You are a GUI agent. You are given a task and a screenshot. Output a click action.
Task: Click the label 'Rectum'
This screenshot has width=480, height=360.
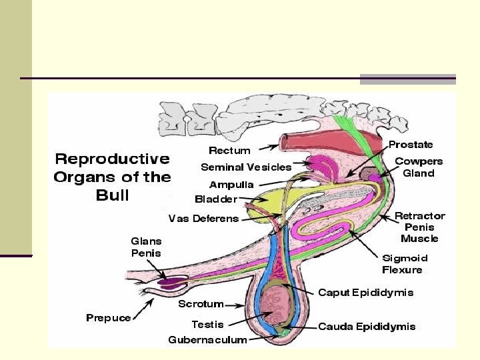(230, 151)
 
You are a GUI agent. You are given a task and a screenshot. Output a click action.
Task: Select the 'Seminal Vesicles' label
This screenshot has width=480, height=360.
(246, 167)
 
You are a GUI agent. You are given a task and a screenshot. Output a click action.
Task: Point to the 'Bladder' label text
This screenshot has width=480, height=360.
(216, 199)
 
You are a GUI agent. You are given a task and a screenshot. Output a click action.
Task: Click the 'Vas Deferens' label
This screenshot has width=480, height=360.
(203, 219)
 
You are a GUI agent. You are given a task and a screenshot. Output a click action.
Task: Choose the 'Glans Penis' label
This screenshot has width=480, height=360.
(146, 247)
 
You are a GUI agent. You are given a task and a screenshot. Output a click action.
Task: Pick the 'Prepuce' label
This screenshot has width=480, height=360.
(109, 318)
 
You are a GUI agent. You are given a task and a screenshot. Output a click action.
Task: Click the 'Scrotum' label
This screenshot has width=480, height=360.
(201, 304)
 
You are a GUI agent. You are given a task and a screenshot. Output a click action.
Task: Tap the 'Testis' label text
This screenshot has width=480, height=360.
(207, 325)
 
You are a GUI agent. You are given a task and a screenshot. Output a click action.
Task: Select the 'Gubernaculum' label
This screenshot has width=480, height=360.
(207, 340)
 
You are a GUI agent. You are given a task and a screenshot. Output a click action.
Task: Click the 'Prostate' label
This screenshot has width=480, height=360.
(411, 144)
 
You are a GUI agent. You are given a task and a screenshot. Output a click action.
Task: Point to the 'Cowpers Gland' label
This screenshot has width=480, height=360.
(419, 167)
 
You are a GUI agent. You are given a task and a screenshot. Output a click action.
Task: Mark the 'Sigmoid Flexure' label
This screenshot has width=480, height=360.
(405, 264)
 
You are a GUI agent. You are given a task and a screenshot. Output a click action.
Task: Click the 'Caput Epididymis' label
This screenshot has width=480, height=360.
(365, 293)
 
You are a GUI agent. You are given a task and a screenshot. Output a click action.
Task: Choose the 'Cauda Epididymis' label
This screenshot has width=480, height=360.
(367, 327)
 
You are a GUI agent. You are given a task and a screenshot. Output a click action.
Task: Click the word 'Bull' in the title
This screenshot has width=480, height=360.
(112, 196)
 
